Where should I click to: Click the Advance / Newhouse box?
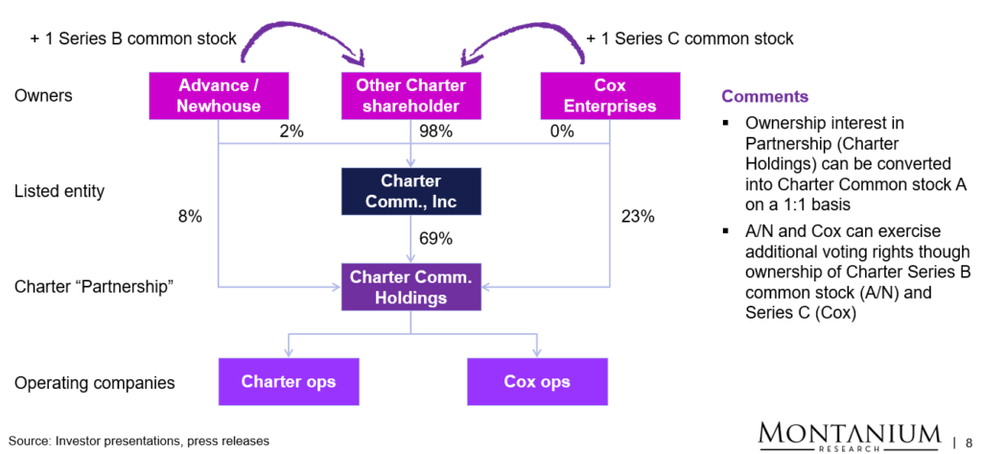219,96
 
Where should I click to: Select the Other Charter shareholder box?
411,96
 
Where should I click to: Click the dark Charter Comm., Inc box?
410,191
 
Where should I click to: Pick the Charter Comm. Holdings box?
410,287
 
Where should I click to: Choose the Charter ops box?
289,382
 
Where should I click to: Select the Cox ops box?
537,382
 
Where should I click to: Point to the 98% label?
436,131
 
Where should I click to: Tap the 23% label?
638,217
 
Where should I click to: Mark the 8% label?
190,217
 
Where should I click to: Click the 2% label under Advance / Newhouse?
292,131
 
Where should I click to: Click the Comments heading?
764,97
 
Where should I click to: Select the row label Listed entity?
59,192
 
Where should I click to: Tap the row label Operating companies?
95,383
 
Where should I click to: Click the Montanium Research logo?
849,434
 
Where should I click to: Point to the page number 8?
969,442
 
